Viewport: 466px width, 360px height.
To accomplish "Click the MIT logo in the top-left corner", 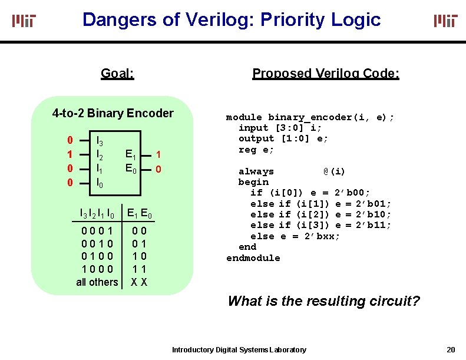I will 24,21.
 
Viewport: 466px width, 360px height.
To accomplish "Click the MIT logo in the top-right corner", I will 445,21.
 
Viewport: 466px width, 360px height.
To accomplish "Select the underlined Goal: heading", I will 117,74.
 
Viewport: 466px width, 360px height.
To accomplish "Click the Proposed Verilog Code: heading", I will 326,74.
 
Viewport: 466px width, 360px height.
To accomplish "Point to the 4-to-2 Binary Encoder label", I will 113,113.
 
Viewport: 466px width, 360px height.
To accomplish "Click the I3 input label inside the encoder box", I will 100,141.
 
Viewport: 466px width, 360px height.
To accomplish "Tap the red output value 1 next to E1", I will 158,154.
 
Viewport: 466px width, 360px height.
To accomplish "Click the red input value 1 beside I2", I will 70,154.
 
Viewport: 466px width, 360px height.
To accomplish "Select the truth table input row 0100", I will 98,256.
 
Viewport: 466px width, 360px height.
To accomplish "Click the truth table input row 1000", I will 98,269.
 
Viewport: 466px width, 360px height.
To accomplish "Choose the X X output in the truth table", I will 139,282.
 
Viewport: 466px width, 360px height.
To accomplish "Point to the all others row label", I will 97,282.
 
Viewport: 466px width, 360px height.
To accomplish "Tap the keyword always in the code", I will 256,171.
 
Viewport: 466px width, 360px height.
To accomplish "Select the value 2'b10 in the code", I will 372,214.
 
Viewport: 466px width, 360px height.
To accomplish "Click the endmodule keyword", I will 253,258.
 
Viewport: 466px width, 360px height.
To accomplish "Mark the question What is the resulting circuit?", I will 323,301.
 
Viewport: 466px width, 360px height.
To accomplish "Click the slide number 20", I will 451,349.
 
